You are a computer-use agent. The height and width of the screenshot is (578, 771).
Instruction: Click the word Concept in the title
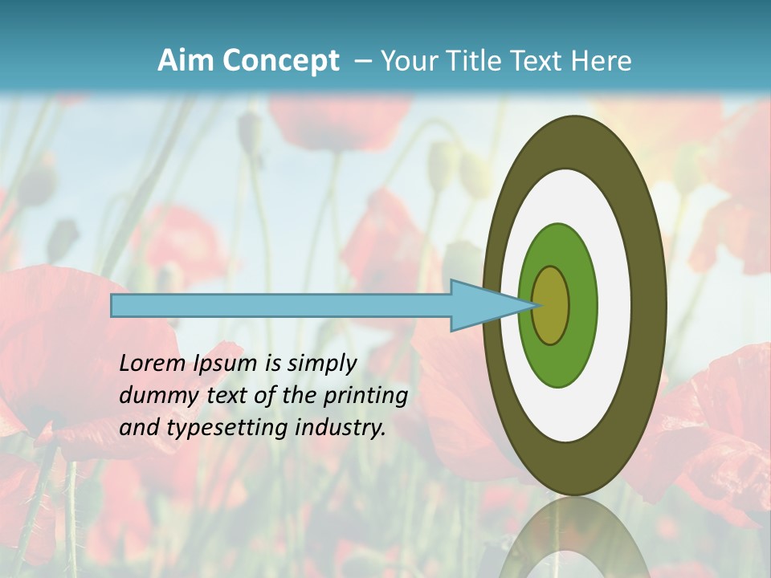[x=279, y=62]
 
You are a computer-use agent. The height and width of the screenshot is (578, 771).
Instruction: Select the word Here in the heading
[x=600, y=61]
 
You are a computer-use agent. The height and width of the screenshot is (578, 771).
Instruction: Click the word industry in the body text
[x=340, y=428]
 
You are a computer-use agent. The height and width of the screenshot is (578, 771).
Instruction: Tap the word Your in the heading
[x=410, y=61]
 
